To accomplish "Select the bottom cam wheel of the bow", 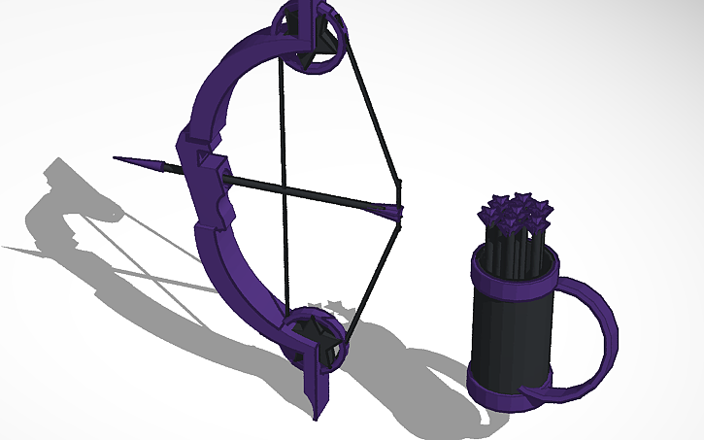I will [x=317, y=336].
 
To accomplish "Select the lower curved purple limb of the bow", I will [x=238, y=282].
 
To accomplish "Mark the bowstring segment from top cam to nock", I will [x=375, y=117].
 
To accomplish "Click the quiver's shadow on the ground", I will [x=427, y=379].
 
